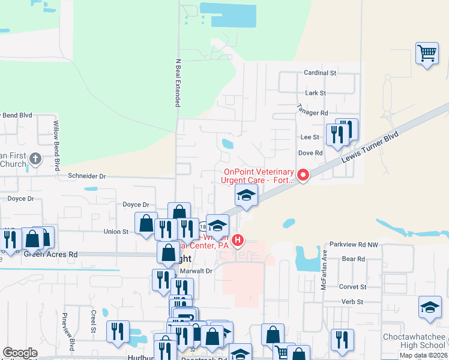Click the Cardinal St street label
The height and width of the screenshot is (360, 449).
(320, 73)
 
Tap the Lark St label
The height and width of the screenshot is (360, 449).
(315, 93)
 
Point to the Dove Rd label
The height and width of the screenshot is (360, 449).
(311, 153)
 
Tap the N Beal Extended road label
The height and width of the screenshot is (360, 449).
(178, 83)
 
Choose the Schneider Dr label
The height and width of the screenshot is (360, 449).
(86, 176)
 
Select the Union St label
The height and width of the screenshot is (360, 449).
(116, 232)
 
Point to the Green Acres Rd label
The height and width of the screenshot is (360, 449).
(51, 254)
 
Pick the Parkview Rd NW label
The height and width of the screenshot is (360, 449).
(354, 245)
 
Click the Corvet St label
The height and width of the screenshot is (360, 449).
(352, 287)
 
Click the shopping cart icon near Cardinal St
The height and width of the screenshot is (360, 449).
(427, 54)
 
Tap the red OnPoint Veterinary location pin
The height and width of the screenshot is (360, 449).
(303, 175)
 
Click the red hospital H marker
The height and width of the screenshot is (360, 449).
(238, 241)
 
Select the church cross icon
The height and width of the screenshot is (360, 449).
(35, 159)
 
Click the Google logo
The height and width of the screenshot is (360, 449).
(20, 353)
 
